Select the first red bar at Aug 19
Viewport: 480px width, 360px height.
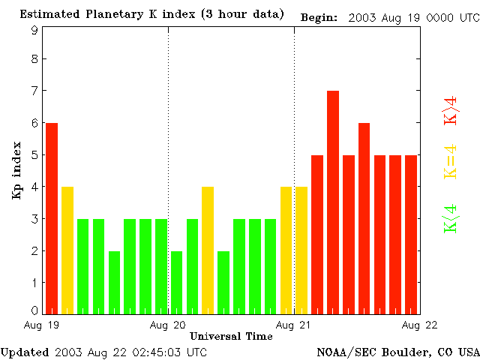[x=52, y=217]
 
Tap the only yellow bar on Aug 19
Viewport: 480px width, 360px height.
[x=67, y=250]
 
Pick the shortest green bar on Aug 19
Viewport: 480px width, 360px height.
[x=114, y=282]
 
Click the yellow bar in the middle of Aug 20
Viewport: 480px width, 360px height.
[x=208, y=250]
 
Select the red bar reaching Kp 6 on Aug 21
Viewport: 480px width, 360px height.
[x=364, y=217]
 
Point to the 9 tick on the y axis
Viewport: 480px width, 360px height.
[x=34, y=30]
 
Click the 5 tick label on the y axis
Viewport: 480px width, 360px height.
[x=34, y=155]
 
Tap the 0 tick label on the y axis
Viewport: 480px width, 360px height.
[x=34, y=310]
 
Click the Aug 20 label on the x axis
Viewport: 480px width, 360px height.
[x=167, y=325]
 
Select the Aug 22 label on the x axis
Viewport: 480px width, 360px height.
[x=419, y=325]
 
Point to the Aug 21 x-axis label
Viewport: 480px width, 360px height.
[x=293, y=325]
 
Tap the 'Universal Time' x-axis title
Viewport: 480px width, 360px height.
[x=231, y=336]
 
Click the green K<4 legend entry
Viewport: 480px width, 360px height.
[x=451, y=219]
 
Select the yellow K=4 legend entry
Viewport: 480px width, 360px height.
[x=451, y=161]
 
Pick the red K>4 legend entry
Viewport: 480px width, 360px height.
[x=451, y=109]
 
